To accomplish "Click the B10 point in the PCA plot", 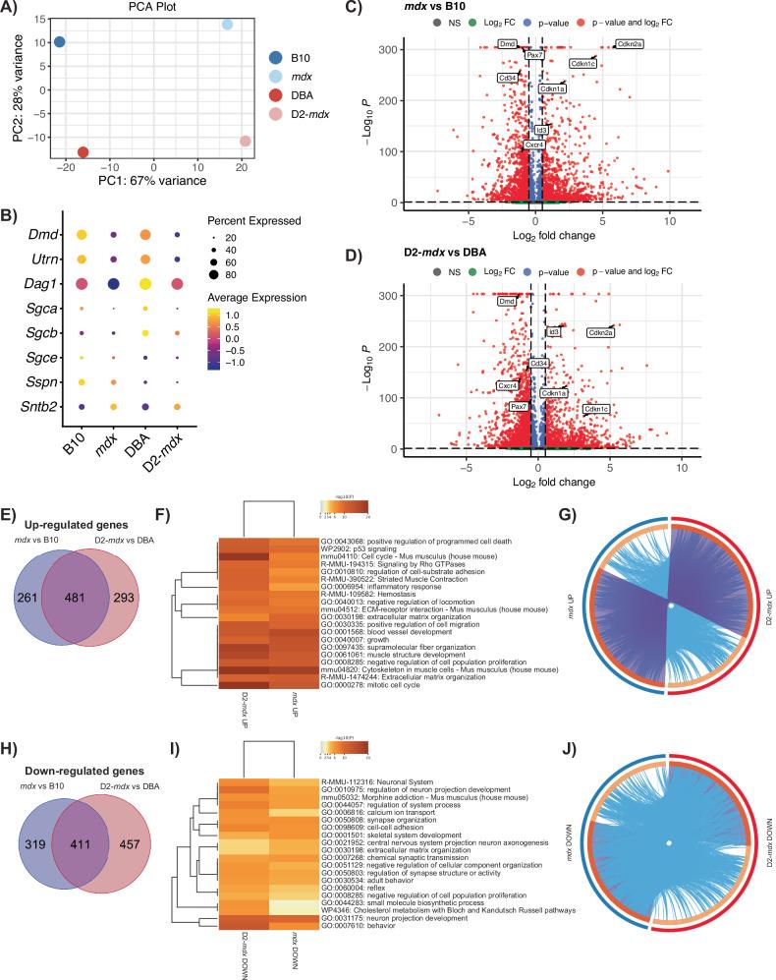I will pyautogui.click(x=60, y=42).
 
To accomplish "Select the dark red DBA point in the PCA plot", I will pyautogui.click(x=83, y=152).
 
